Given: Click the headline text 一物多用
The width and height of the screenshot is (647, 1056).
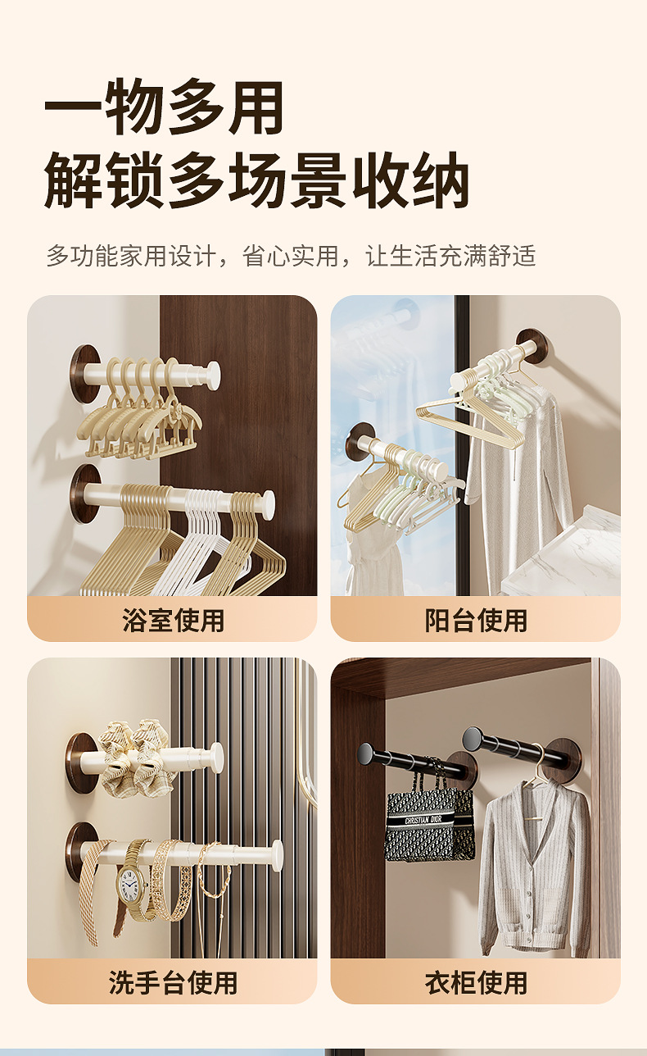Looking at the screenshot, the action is [x=164, y=107].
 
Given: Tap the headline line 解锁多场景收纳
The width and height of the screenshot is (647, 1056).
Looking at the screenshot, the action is [x=256, y=180].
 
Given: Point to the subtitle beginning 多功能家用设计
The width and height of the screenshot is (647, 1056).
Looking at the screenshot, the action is [x=291, y=256].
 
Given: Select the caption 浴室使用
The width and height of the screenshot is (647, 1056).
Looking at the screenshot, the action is [x=173, y=620].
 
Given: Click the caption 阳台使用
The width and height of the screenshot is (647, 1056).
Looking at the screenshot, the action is [x=476, y=620].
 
